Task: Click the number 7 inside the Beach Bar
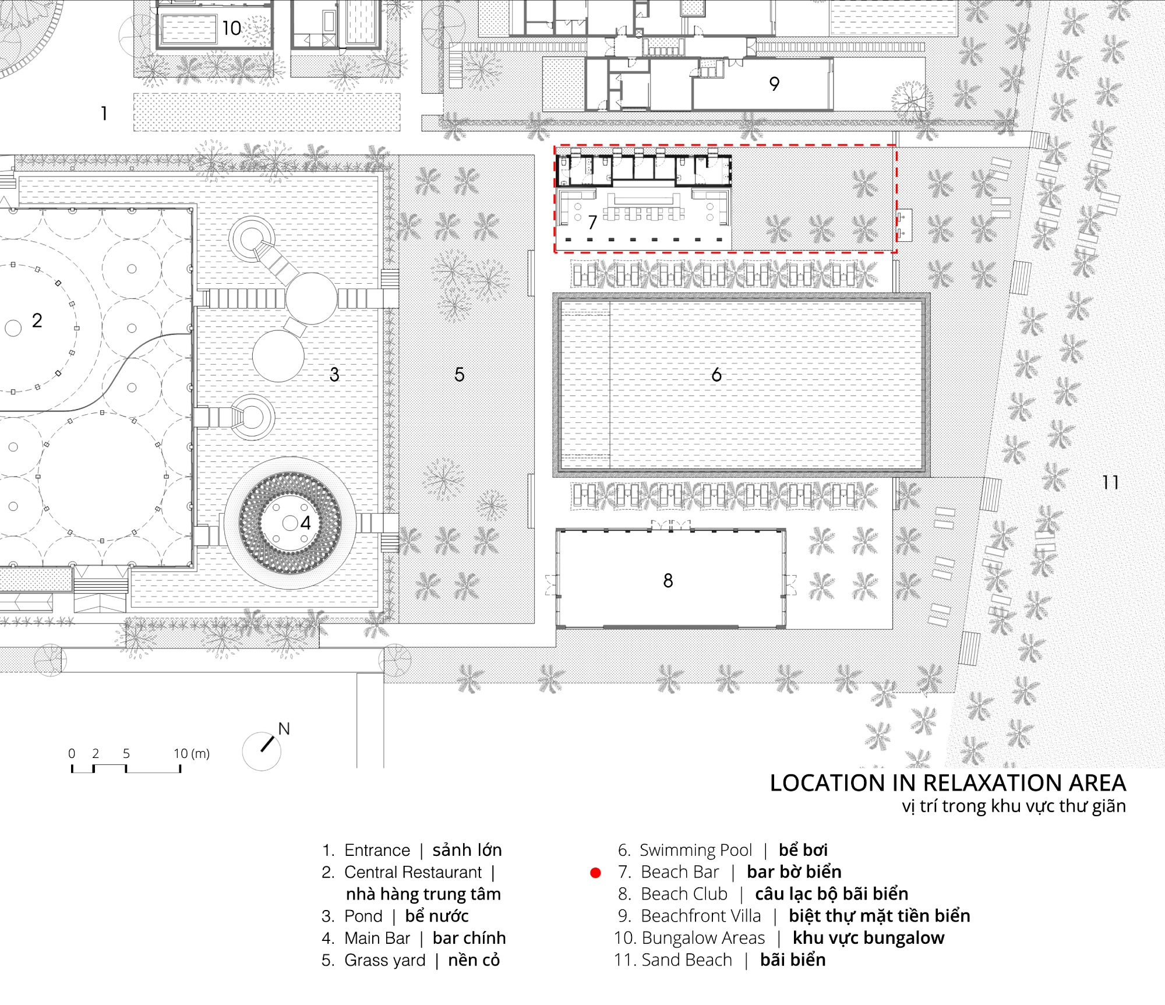click(x=592, y=222)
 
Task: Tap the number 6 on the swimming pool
click(x=716, y=375)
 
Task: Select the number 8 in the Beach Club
click(x=668, y=580)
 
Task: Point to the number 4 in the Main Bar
click(x=306, y=523)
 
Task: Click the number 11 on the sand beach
click(x=1110, y=482)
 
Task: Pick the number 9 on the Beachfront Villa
click(x=774, y=84)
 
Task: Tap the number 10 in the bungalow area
click(x=231, y=28)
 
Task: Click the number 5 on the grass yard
click(x=460, y=375)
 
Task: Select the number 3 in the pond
click(x=334, y=375)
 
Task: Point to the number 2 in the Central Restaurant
click(x=37, y=320)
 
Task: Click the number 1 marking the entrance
click(x=104, y=113)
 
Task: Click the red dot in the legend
click(x=595, y=873)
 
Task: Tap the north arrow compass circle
click(x=262, y=752)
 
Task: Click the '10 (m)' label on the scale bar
click(x=192, y=753)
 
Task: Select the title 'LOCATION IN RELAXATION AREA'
click(x=948, y=783)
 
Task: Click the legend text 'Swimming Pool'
click(x=696, y=850)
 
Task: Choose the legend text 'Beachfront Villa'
click(x=701, y=916)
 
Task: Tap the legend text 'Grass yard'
click(x=385, y=960)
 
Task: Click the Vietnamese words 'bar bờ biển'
click(x=794, y=872)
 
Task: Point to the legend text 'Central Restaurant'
click(x=413, y=872)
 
